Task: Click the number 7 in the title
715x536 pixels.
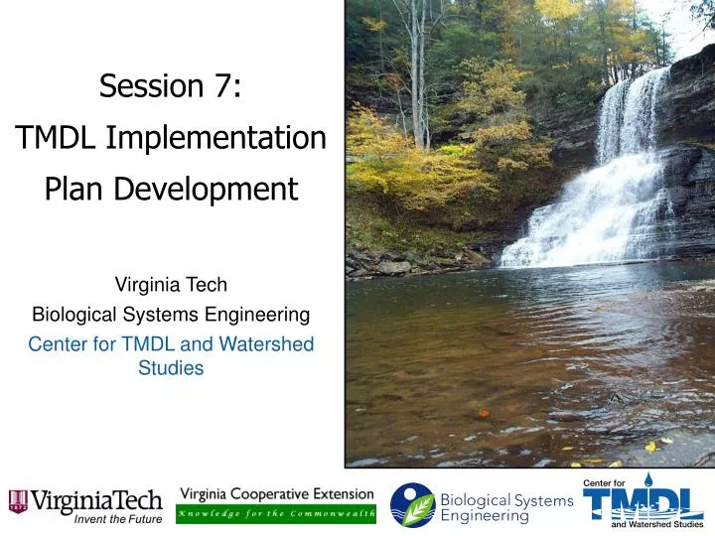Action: [221, 87]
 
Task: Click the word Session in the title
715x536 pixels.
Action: [148, 87]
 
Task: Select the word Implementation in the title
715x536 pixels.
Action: [229, 138]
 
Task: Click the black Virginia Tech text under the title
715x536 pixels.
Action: [171, 286]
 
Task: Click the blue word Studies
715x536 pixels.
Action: [171, 368]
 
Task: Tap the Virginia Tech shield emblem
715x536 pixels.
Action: [18, 502]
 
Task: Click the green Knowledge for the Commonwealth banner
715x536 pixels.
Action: [276, 514]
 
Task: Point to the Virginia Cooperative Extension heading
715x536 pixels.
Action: [276, 494]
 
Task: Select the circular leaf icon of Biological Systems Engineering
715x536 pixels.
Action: [412, 505]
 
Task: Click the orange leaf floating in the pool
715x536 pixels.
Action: [483, 413]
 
